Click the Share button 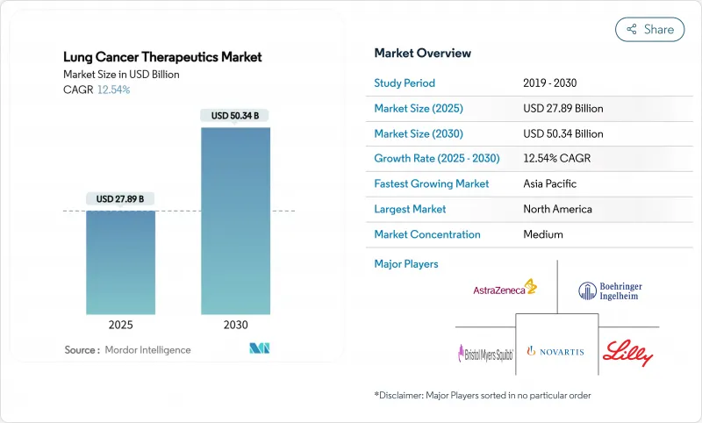point(649,29)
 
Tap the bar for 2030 point(235,220)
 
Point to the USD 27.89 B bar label point(120,199)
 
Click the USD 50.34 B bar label point(234,116)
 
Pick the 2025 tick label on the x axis point(120,325)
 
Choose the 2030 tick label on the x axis point(235,325)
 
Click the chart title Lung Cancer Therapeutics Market point(162,57)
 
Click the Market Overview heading point(422,53)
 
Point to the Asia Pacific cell point(549,184)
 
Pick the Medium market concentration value point(542,234)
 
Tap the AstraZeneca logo point(505,288)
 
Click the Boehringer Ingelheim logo point(609,290)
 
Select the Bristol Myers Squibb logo point(484,352)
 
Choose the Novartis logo point(555,351)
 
